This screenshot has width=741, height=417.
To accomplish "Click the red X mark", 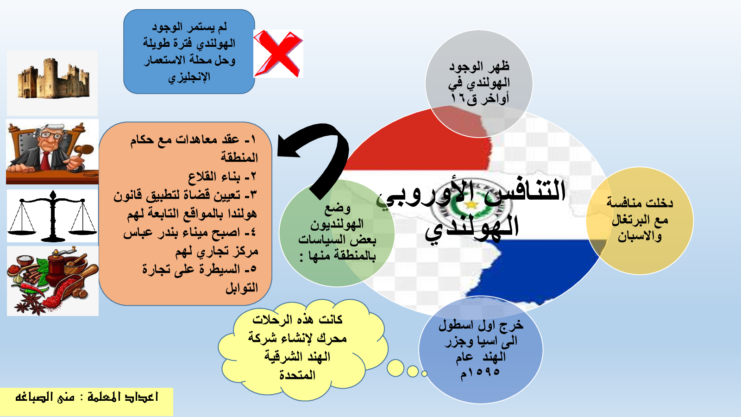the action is coord(278,53).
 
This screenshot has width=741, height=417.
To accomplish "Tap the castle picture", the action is coord(53,79).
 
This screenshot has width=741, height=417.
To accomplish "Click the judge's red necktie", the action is coord(45,160).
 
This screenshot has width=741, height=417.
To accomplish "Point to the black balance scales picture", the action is coord(53,216).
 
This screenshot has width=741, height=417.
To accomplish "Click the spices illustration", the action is coord(53,281).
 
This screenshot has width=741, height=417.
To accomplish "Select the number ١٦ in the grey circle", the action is coord(458,98).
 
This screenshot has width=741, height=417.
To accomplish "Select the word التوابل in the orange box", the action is coord(241,288).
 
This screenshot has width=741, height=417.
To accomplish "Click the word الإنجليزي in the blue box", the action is coord(189,77).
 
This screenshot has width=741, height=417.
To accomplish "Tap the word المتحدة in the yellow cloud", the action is coord(297,375).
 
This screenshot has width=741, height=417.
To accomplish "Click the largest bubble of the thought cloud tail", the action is coord(396,368).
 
